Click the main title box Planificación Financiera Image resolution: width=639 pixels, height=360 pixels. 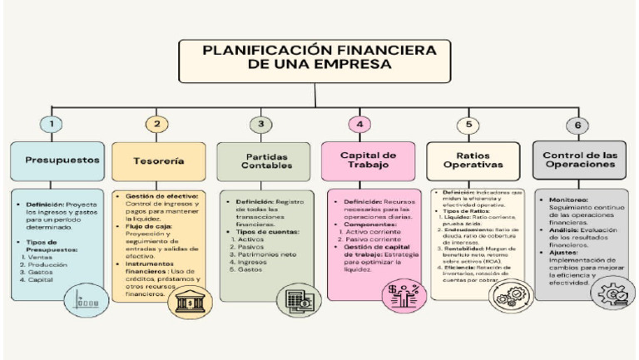(x=319, y=58)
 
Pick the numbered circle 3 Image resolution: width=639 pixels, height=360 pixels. (x=260, y=125)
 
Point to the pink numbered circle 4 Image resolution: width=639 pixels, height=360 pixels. (x=359, y=125)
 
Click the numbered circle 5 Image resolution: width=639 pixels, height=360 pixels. (x=468, y=126)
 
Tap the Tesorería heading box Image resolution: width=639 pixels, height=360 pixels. (x=158, y=160)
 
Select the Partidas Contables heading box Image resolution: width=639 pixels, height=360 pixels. (x=263, y=160)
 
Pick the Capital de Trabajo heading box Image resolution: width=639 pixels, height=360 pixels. (x=369, y=160)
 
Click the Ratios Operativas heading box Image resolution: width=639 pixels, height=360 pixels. (x=473, y=160)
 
